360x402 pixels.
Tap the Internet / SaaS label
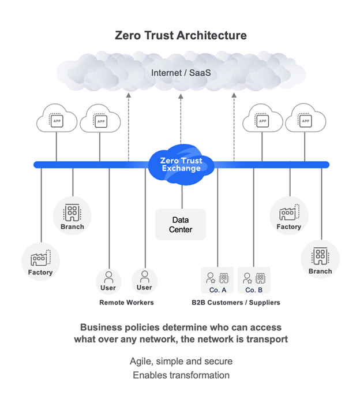point(180,73)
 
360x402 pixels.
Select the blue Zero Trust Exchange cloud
point(181,163)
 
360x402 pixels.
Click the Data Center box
point(181,225)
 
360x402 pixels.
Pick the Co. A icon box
point(217,281)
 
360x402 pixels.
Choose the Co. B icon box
point(254,281)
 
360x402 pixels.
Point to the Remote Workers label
point(126,302)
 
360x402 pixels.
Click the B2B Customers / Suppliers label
point(236,302)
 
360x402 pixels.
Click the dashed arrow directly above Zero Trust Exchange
point(181,118)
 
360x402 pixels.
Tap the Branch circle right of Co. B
point(320,259)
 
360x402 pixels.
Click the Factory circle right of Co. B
point(288,216)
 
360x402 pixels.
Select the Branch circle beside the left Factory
point(72,215)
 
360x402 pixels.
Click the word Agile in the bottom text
point(141,362)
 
